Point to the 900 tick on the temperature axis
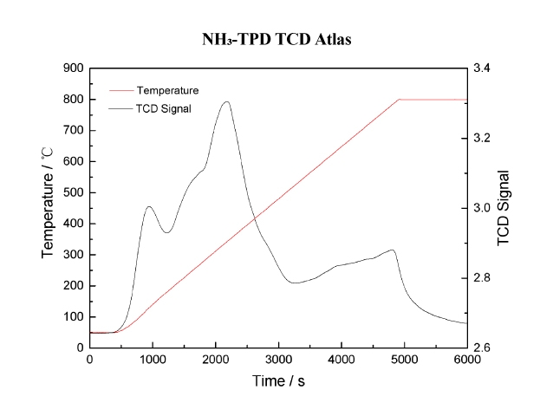(72, 68)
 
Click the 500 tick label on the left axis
(72, 192)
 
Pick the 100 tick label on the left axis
(72, 316)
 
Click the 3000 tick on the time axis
(278, 359)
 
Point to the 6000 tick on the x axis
(467, 359)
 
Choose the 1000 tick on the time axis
(153, 359)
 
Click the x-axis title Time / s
(277, 381)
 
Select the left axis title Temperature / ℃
(49, 208)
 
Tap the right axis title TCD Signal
(505, 208)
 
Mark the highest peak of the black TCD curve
(227, 101)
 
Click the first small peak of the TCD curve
(149, 206)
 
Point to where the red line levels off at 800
(400, 100)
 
